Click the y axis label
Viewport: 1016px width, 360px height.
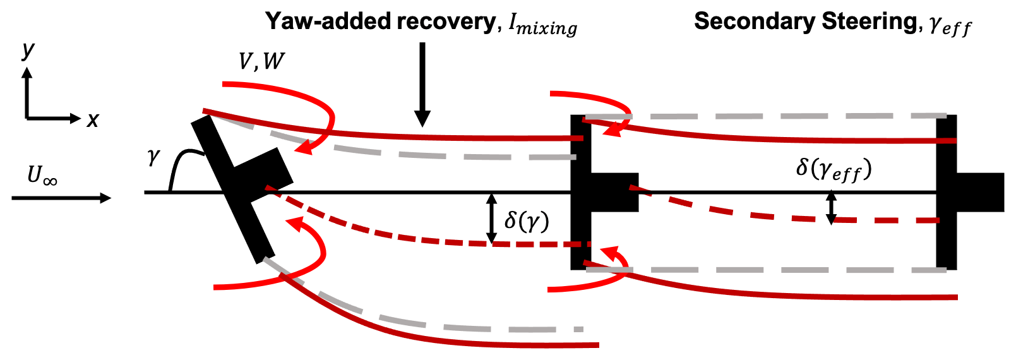pos(28,51)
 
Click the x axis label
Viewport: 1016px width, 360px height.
pos(93,119)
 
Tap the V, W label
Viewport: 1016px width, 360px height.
pos(261,61)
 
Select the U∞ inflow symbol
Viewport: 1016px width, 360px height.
pos(42,175)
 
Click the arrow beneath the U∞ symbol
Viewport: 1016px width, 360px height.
pos(61,198)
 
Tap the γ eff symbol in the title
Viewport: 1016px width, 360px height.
pos(950,27)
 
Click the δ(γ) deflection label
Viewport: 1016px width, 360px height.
pos(526,220)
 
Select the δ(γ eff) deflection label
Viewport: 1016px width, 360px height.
pos(834,169)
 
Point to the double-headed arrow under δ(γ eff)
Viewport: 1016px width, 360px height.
pos(831,207)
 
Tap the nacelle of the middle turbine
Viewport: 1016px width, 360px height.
pos(614,191)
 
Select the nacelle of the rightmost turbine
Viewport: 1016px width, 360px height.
pos(980,191)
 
